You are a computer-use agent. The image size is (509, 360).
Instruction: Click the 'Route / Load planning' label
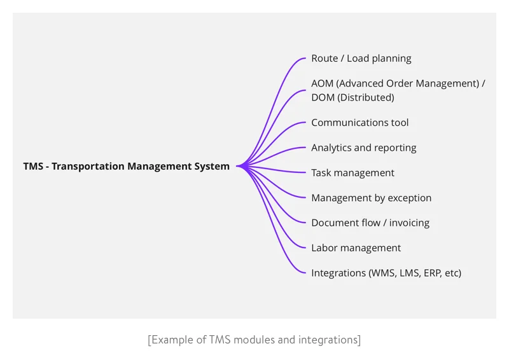point(361,59)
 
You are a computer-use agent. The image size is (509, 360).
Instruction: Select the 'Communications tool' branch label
point(359,123)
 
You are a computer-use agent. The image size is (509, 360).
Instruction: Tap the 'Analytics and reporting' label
point(363,148)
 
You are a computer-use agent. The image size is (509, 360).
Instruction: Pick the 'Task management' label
point(352,173)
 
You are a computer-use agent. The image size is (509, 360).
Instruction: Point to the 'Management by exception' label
point(371,198)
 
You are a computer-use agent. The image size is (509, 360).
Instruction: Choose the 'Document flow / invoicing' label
point(370,223)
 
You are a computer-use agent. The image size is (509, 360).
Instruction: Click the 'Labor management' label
point(356,248)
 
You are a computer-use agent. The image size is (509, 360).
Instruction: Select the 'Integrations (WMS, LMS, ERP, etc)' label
point(386,273)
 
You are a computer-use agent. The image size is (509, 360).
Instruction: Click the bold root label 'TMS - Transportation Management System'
point(126,167)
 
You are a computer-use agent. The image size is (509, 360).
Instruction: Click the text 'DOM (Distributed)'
point(352,97)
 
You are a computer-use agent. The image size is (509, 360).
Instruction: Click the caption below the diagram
point(254,340)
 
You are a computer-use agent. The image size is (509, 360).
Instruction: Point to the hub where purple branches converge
point(241,167)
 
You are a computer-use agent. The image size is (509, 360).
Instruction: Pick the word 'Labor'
point(324,248)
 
